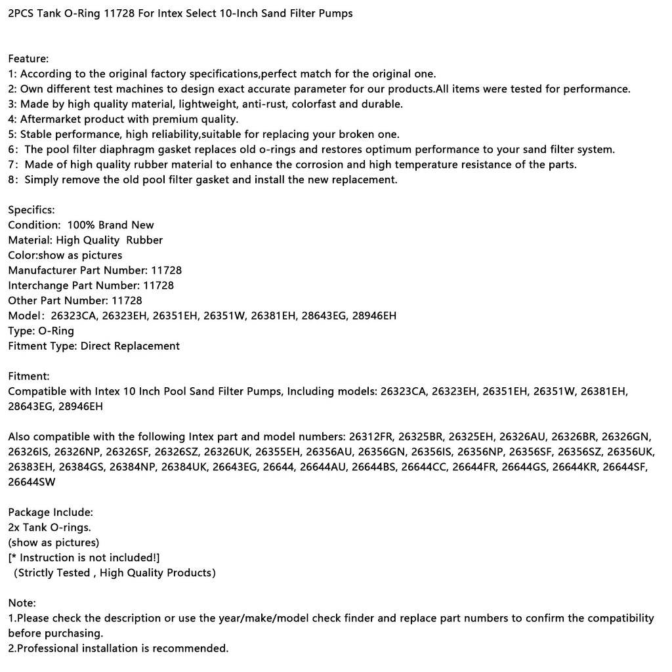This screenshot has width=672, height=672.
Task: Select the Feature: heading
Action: [28, 59]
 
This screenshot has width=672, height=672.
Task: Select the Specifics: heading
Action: [31, 210]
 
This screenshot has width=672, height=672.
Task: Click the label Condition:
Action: [33, 225]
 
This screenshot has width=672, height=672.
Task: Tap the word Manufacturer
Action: [43, 270]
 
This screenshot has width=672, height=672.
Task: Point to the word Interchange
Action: [38, 285]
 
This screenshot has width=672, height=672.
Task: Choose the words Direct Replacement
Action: [130, 346]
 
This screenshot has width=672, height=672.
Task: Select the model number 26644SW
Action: [31, 482]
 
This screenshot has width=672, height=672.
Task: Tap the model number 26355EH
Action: [278, 451]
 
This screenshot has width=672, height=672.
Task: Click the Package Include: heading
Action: [51, 512]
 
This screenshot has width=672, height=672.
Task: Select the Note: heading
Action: [22, 602]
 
